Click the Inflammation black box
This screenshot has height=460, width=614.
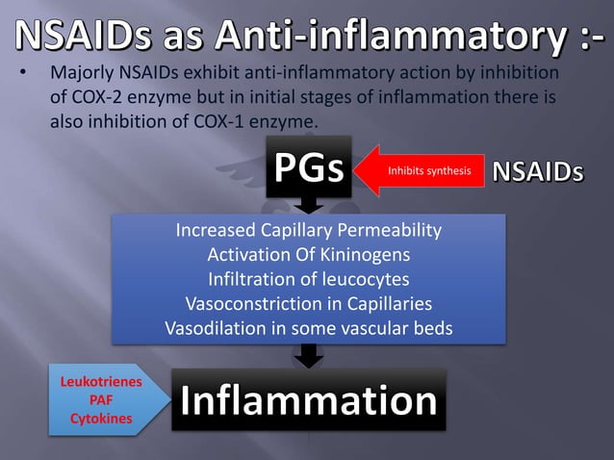308,400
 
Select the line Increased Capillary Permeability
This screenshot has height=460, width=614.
308,231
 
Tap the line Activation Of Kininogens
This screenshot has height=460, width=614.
308,255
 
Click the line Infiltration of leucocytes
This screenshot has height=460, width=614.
308,279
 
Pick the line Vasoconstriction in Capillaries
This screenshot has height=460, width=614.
308,304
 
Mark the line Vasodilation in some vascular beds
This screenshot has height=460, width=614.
308,328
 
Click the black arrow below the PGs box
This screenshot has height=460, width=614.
308,204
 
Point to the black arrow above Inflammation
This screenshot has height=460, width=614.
308,356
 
